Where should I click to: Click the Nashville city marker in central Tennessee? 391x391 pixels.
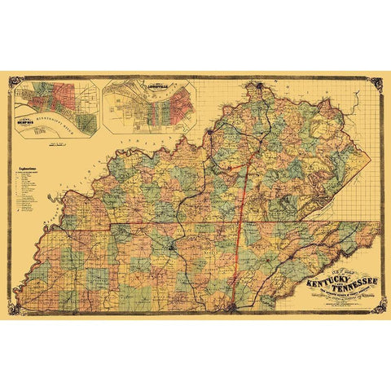coord(173,249)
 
